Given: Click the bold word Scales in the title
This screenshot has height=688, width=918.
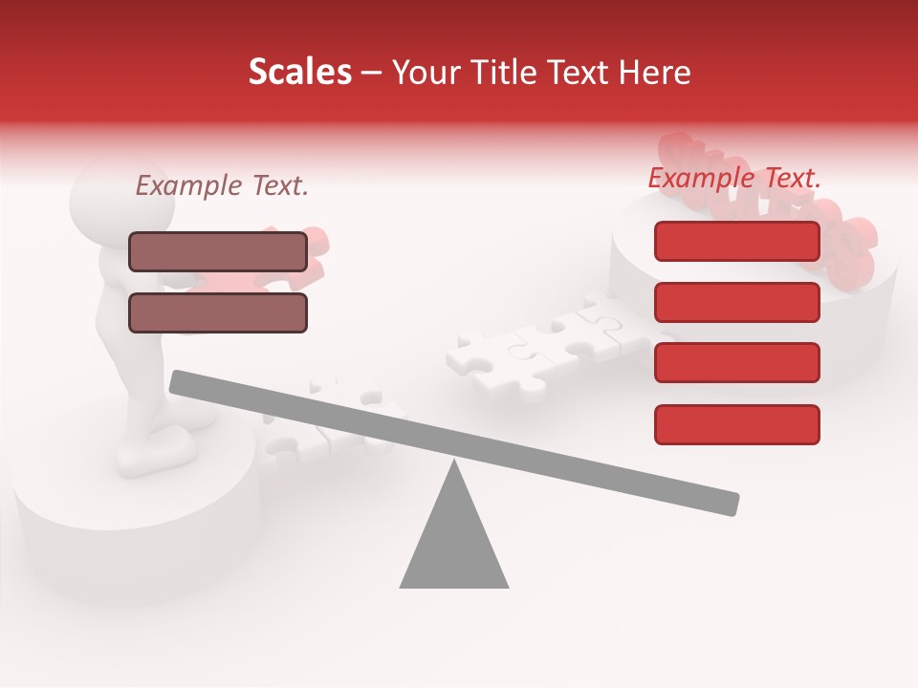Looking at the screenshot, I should (299, 72).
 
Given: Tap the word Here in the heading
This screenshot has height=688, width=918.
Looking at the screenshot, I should (655, 73).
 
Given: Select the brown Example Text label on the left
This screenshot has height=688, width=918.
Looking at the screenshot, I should (222, 185).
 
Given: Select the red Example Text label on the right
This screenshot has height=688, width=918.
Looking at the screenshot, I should (734, 178).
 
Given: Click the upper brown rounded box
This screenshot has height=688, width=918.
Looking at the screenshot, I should (218, 251).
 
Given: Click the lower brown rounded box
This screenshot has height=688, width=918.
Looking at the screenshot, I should (218, 312).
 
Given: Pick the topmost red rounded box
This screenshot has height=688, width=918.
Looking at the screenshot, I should (737, 241).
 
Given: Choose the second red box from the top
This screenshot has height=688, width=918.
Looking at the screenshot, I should (737, 302).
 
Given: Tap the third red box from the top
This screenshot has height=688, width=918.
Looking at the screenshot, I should (737, 362).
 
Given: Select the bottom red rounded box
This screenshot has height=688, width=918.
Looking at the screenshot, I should (737, 424).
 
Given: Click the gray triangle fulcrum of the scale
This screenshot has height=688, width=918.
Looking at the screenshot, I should (454, 545).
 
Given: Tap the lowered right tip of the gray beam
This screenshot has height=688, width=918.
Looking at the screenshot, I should (732, 504).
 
